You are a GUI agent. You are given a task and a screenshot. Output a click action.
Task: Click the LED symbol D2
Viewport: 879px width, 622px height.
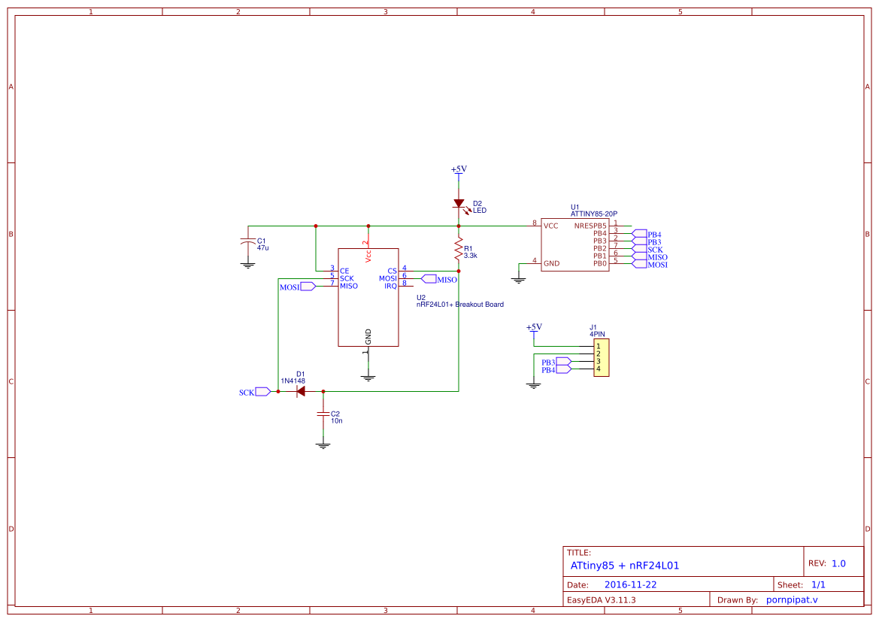[x=459, y=203]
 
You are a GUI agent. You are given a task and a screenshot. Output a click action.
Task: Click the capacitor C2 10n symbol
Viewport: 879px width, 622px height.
[x=323, y=414]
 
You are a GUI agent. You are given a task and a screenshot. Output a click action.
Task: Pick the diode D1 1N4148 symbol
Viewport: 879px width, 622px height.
[x=300, y=391]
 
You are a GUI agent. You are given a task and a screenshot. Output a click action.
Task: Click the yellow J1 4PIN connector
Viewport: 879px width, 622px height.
[x=601, y=357]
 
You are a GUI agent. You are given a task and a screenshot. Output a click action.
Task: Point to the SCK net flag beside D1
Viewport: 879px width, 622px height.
[x=262, y=392]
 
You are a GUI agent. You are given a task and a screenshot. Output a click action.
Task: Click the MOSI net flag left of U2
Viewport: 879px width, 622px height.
[x=308, y=287]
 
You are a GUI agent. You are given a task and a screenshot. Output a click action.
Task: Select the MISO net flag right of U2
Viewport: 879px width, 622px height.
[x=429, y=279]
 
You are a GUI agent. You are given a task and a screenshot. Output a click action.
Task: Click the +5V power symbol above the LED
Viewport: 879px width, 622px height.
[x=459, y=170]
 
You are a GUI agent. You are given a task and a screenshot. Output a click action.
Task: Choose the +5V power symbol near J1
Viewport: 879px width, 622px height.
[x=534, y=327]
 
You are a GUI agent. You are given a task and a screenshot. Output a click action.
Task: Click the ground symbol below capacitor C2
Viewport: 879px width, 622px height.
[x=323, y=445]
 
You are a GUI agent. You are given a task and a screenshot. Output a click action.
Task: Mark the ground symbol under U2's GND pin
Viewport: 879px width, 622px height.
[x=368, y=378]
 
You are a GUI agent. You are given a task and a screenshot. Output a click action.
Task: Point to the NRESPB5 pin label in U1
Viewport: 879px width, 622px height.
[x=590, y=225]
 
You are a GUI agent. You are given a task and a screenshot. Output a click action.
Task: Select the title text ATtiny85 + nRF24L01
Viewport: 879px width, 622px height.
[x=624, y=565]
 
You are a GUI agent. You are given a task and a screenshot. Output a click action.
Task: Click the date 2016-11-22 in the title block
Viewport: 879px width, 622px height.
[x=630, y=584]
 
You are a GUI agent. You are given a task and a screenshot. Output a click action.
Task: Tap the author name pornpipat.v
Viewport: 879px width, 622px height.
[x=791, y=599]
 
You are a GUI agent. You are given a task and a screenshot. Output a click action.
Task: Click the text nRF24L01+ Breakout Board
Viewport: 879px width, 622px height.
[x=459, y=305]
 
